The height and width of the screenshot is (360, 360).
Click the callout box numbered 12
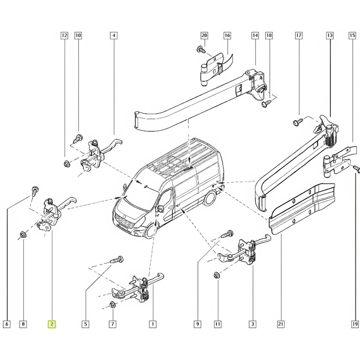(64, 36)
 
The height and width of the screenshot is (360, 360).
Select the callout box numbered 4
(113, 36)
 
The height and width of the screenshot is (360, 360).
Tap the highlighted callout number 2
(52, 324)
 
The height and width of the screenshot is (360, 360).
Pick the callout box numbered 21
(281, 324)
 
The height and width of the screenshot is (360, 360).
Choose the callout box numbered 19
(354, 324)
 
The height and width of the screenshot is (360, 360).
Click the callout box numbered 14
(255, 36)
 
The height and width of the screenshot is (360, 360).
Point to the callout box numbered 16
(227, 36)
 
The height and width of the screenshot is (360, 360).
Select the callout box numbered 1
(152, 324)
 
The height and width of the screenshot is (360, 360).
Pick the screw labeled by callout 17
(298, 122)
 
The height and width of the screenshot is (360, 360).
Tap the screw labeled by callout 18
(266, 103)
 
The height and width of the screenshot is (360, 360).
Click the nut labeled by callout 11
(217, 275)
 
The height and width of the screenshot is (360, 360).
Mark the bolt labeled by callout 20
(201, 49)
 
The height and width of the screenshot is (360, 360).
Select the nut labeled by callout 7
(112, 304)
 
